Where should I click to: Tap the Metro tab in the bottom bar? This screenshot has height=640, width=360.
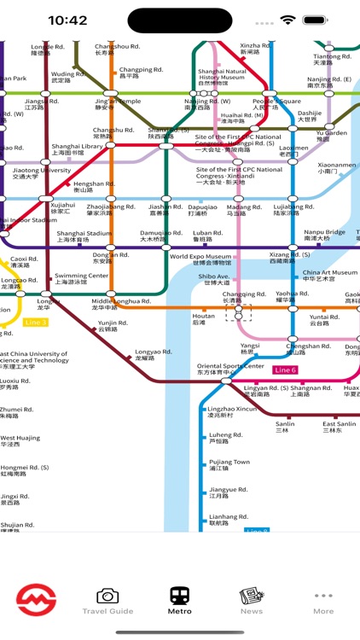180,600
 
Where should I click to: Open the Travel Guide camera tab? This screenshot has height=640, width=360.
107,600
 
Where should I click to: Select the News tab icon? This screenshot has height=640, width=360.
252,600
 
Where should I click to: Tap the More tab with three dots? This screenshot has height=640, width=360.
323,600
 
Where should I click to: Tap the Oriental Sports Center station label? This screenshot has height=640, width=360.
230,369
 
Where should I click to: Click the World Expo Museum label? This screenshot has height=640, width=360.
200,259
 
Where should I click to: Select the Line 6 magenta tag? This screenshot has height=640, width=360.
285,369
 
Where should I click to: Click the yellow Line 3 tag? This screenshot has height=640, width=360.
36,322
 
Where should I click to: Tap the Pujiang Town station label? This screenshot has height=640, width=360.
229,465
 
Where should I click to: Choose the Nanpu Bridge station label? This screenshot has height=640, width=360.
324,236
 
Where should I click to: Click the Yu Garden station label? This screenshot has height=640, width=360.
331,136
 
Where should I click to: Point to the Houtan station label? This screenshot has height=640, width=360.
203,319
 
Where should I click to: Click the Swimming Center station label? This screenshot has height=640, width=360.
81,279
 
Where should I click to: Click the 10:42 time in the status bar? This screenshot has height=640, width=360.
68,20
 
